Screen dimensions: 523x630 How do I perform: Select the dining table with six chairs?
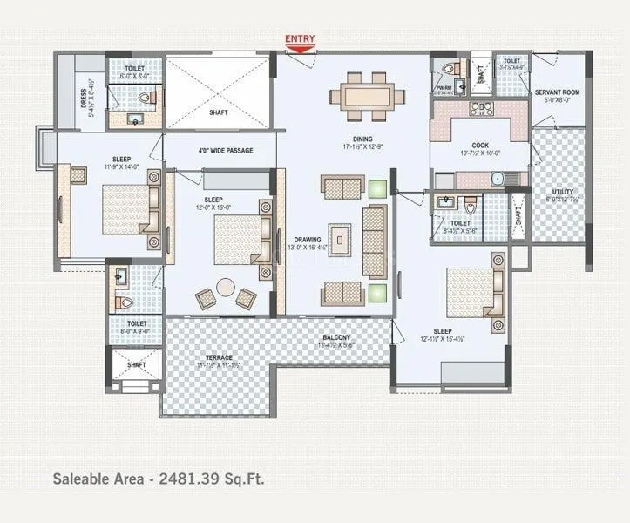(367, 96)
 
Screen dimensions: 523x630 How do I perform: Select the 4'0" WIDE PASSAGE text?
(225, 151)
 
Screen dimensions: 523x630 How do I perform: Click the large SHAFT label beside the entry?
(219, 112)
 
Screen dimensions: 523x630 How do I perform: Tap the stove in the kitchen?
(482, 109)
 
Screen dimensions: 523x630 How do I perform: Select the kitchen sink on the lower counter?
(497, 179)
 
